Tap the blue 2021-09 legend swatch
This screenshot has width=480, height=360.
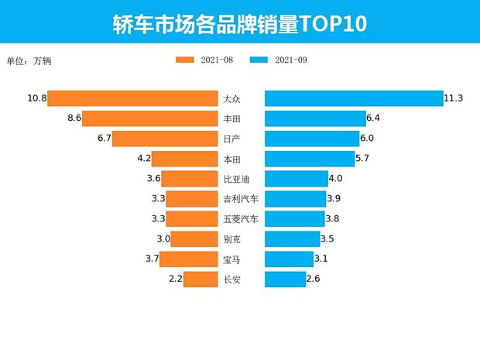click(259, 60)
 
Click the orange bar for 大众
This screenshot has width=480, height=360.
click(132, 98)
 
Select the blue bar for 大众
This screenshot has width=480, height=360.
click(354, 98)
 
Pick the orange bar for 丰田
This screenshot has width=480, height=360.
click(149, 118)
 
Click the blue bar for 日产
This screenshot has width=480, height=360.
click(312, 139)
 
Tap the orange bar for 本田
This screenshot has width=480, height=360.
click(184, 159)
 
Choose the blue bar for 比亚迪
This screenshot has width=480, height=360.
click(296, 179)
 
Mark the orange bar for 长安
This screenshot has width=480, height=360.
click(200, 279)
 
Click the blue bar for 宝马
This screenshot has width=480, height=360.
click(289, 259)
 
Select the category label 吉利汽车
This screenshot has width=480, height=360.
click(241, 199)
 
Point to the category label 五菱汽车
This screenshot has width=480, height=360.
click(241, 219)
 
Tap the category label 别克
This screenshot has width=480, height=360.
click(231, 239)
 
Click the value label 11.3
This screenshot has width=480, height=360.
click(454, 98)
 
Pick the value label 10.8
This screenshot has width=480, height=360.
click(36, 98)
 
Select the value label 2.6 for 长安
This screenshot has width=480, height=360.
click(314, 279)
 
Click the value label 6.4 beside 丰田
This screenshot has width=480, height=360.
click(373, 118)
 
